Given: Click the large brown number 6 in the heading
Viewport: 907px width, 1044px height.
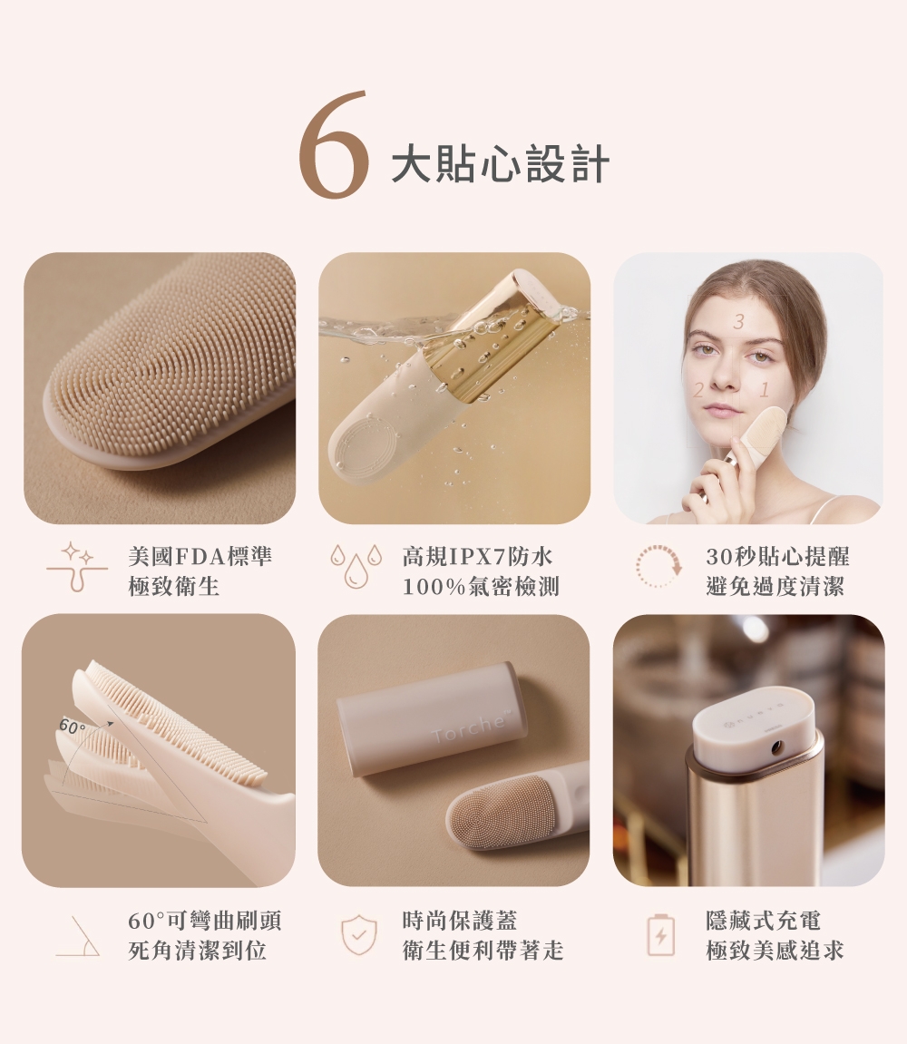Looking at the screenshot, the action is [333, 144].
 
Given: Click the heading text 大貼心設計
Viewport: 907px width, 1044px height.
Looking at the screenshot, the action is [500, 164].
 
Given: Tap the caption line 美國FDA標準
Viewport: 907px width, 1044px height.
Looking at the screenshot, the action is [200, 557].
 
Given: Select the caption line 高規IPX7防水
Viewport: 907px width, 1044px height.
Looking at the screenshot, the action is [477, 557].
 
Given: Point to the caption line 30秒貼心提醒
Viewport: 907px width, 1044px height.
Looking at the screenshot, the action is [778, 557].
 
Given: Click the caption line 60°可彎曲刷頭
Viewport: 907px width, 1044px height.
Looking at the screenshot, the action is [204, 921].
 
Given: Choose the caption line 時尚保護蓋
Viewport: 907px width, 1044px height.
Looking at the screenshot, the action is [460, 921].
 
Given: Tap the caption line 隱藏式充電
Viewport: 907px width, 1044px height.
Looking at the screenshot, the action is [763, 921].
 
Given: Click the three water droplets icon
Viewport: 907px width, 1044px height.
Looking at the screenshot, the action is [356, 567].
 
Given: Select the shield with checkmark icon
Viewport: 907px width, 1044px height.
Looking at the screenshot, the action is [359, 934].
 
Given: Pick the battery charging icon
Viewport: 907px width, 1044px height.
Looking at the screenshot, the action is [660, 935].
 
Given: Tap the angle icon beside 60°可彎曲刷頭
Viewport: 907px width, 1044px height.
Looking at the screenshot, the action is [79, 937].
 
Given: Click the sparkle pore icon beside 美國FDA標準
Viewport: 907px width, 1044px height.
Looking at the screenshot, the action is [77, 567].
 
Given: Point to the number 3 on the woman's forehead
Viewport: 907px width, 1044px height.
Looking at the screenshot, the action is [738, 322].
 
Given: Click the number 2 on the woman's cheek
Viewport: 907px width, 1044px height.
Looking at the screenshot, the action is [697, 390].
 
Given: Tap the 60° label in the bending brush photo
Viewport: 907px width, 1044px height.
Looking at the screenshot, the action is [72, 726].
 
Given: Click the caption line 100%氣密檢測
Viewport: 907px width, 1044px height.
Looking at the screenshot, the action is [481, 587].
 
